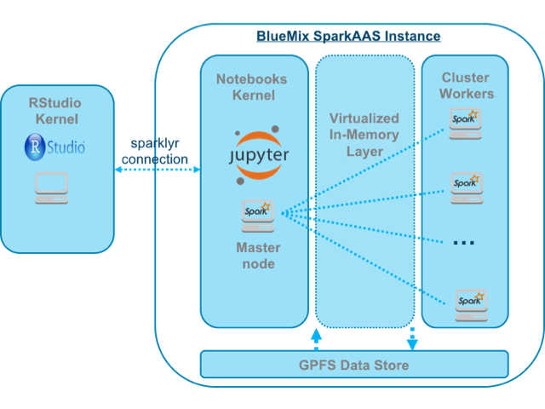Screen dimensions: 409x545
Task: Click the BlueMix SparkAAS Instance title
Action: [348, 37]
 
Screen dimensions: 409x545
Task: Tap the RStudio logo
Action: [54, 147]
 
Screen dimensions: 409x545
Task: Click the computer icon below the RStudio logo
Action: [51, 187]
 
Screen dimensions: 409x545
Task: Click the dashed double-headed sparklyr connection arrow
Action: [157, 170]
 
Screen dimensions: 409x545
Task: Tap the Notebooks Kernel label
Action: [254, 87]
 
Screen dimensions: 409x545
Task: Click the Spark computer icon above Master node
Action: [256, 216]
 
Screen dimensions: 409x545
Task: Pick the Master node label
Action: [254, 256]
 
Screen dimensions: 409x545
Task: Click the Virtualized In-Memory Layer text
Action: [364, 135]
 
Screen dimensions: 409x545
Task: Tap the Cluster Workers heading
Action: [465, 85]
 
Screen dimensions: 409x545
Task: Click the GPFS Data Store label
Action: [354, 366]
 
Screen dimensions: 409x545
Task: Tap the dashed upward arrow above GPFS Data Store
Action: [317, 339]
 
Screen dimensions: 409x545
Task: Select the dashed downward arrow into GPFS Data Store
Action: [412, 338]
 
